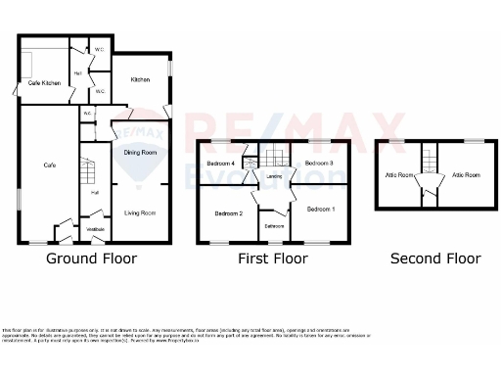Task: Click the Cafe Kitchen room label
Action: [x=44, y=83]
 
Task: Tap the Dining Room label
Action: [x=140, y=153]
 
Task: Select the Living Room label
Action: [x=140, y=212]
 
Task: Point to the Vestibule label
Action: [x=96, y=229]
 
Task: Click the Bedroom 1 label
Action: [x=320, y=210]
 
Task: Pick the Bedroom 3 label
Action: [x=319, y=163]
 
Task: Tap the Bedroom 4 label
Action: [x=220, y=163]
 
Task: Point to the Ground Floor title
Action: [x=92, y=259]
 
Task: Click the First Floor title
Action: [x=273, y=259]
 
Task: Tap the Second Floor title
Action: [x=435, y=259]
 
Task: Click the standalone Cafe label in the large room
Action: [x=49, y=165]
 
